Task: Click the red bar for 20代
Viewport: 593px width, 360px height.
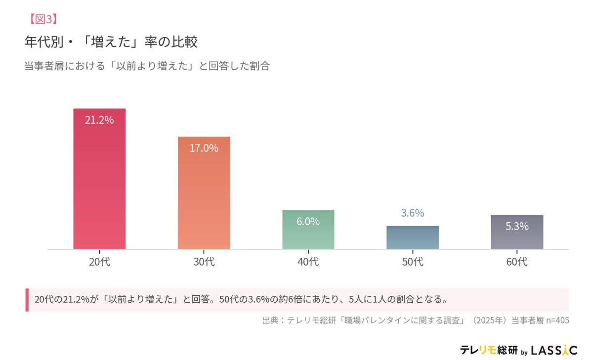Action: tap(99, 183)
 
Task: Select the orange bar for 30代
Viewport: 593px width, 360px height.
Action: tap(204, 198)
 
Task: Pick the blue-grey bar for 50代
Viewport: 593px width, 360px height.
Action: tap(412, 238)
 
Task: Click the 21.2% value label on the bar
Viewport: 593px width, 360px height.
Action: tap(99, 120)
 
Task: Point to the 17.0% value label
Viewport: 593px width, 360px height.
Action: tap(204, 148)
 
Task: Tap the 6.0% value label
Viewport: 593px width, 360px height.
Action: tap(308, 222)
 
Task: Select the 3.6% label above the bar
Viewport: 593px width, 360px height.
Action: tap(412, 213)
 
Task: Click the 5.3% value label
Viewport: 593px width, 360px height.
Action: tap(517, 226)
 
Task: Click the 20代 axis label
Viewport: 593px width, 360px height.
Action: tap(99, 262)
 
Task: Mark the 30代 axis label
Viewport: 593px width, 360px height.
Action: tap(204, 262)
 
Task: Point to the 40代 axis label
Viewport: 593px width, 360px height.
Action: tap(308, 262)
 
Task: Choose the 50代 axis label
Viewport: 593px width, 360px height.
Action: tap(412, 262)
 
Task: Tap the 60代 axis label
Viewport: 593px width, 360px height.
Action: tap(517, 262)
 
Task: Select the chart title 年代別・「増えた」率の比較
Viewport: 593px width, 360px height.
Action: tap(111, 42)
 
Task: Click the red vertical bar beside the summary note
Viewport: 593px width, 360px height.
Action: tap(27, 300)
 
